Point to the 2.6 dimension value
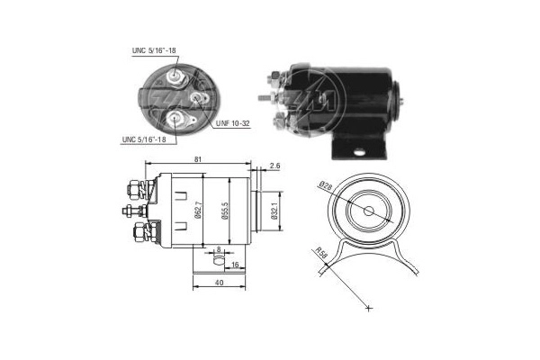(274, 166)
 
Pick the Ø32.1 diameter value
(273, 210)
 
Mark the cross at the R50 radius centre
(368, 309)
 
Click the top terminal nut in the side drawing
(132, 189)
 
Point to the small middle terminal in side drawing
(130, 212)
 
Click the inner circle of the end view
(370, 211)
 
